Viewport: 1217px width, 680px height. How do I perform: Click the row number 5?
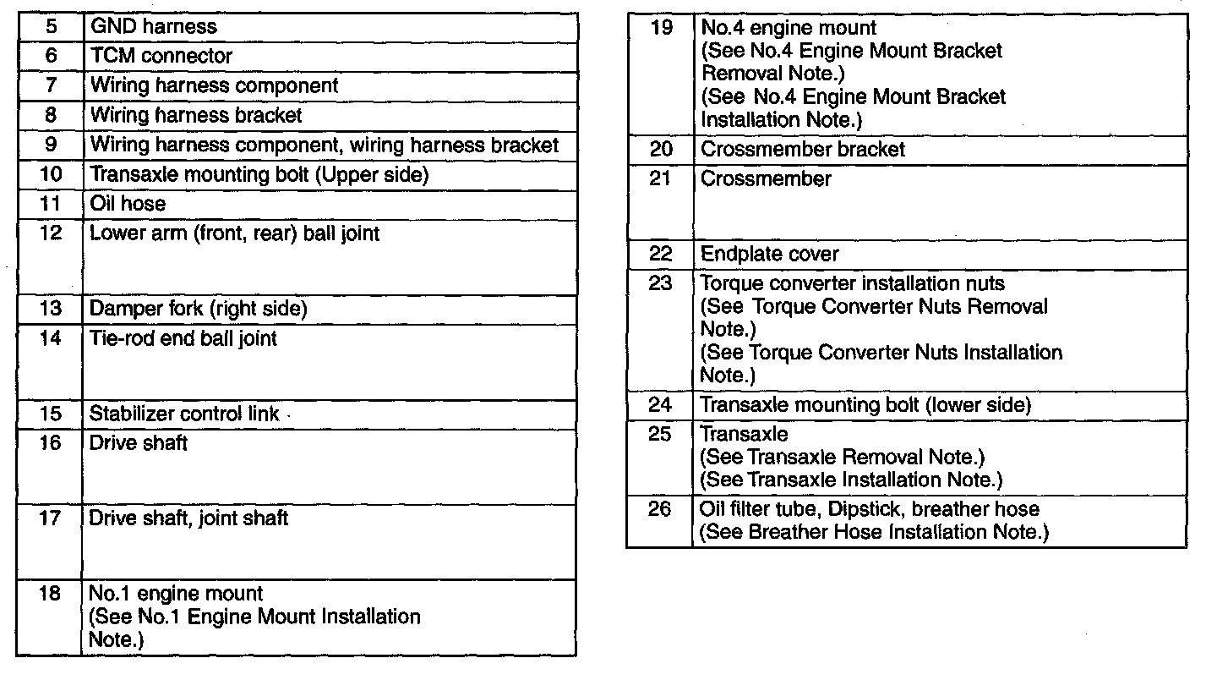[52, 27]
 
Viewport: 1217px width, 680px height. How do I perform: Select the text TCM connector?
[161, 57]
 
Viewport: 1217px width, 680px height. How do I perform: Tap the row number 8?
[52, 115]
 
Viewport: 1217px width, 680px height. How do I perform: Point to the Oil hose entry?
[128, 204]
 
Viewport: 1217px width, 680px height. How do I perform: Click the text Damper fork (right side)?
[198, 309]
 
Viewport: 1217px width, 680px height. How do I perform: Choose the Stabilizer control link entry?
[184, 414]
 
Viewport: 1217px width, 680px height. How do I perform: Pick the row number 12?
[52, 233]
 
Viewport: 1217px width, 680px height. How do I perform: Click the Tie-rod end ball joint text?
[183, 339]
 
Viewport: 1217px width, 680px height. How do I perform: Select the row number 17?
[51, 518]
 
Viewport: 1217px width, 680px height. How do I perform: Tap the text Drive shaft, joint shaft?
[188, 518]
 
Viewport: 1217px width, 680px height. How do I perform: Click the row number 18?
[51, 594]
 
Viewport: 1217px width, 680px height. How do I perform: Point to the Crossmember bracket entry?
[802, 150]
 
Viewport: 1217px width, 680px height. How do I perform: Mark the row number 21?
[661, 179]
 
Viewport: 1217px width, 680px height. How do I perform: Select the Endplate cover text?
[769, 254]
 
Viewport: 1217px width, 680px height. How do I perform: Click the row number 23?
[661, 283]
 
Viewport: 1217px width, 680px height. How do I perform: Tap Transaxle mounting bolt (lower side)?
[865, 405]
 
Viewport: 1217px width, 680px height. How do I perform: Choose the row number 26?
[661, 509]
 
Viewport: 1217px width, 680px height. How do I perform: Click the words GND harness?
[153, 27]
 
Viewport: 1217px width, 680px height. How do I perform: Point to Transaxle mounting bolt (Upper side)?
[259, 175]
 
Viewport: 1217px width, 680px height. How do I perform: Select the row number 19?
[661, 28]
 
